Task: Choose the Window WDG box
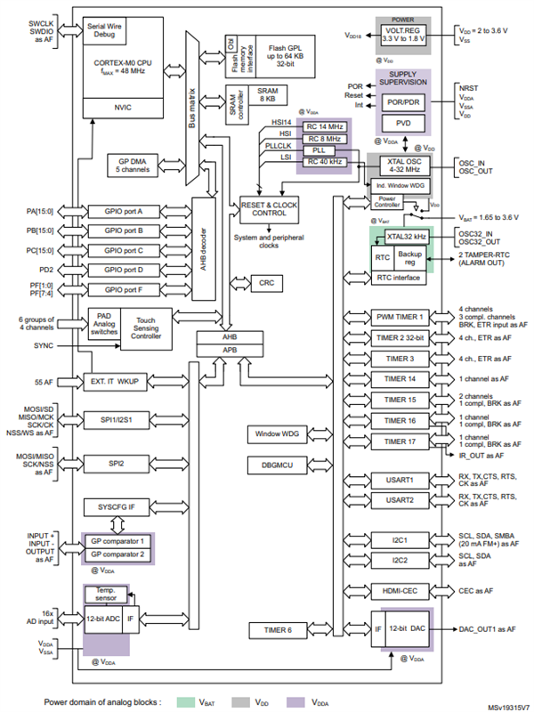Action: pos(278,434)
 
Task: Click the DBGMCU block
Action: pos(278,465)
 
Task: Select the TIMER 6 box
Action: pos(278,631)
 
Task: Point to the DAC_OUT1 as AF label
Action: pos(487,629)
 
